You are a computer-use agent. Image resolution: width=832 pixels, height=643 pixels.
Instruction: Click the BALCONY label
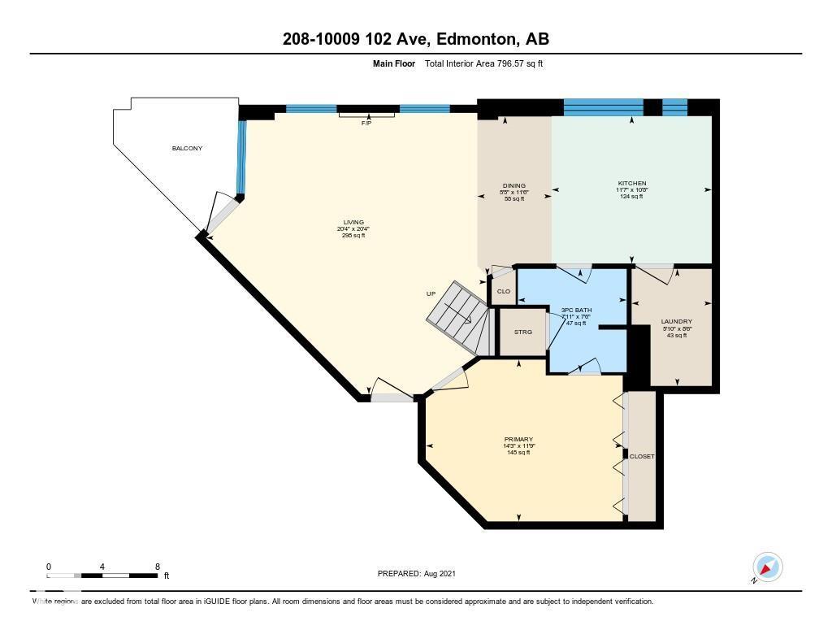click(187, 148)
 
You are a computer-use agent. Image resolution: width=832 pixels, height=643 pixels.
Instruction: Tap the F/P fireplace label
click(366, 123)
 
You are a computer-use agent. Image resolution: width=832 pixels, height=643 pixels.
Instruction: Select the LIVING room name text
click(353, 223)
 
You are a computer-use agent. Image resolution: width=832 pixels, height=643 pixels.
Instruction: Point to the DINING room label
click(513, 185)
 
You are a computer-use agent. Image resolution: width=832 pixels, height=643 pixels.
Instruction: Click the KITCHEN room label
click(631, 184)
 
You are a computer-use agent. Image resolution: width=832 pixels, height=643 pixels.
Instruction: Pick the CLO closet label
click(503, 291)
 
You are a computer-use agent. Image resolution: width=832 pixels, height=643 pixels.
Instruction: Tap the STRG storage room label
click(523, 332)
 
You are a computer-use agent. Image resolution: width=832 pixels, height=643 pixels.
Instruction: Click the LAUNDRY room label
click(676, 322)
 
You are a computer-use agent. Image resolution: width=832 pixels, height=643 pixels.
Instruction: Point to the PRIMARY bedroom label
click(518, 439)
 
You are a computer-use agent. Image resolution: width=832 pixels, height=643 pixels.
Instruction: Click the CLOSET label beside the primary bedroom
click(641, 457)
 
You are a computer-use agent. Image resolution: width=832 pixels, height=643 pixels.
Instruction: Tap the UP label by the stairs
click(431, 293)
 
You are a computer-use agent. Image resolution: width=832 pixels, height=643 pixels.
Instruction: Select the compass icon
click(767, 567)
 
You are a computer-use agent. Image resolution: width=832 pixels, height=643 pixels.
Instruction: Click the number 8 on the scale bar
click(157, 567)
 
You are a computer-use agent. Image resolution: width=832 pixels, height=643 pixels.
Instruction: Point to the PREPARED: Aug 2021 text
click(417, 573)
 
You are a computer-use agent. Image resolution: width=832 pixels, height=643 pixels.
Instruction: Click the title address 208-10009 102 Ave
click(415, 38)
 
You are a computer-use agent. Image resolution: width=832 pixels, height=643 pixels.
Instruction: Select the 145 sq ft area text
click(518, 453)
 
